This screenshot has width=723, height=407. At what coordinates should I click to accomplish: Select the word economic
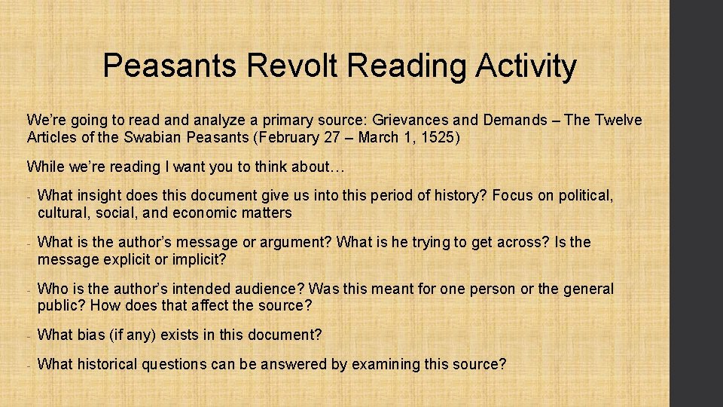coord(204,213)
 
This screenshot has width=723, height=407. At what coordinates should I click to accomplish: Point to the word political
coord(584,196)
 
